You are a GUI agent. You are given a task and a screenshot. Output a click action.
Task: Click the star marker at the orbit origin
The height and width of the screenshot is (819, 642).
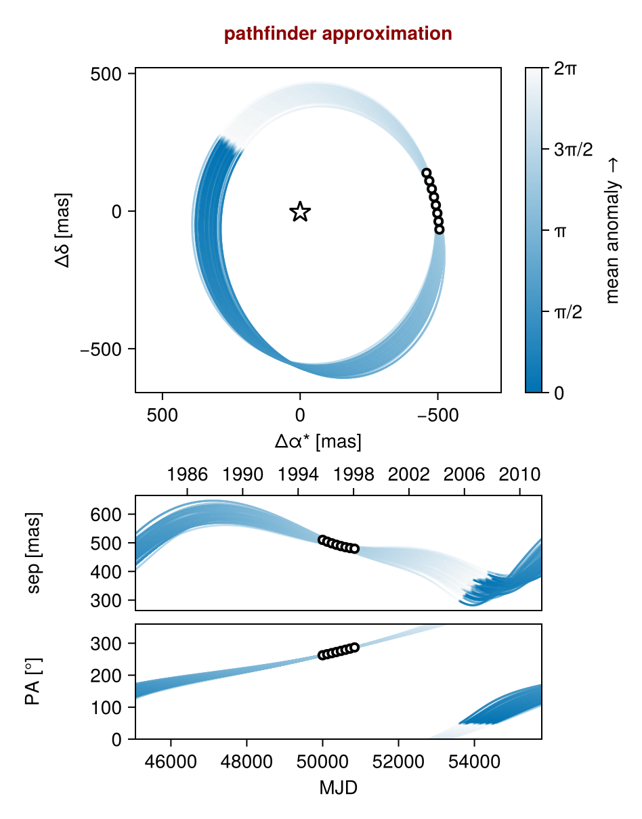click(300, 211)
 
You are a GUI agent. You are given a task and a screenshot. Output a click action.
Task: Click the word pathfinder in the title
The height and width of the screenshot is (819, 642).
click(270, 34)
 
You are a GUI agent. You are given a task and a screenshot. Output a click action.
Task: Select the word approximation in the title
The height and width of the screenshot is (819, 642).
click(387, 35)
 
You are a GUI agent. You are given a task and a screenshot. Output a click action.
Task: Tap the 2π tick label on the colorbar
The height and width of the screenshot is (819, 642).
click(565, 69)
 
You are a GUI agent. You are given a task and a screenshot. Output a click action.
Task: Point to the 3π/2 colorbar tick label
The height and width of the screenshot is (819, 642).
click(574, 150)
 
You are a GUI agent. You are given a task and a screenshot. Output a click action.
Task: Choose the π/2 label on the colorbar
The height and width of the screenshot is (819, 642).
click(568, 312)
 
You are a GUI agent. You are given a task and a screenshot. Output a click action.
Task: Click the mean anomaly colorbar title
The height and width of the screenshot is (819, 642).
click(613, 231)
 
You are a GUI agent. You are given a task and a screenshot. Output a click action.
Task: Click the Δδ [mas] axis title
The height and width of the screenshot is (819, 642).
click(63, 230)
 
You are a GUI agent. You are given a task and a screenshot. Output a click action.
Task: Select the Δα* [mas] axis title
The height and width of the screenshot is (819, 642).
click(318, 441)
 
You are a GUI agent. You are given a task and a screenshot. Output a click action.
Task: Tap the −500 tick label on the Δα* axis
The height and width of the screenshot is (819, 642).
click(437, 416)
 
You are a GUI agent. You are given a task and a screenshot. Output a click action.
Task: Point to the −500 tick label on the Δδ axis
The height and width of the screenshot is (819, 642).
click(101, 349)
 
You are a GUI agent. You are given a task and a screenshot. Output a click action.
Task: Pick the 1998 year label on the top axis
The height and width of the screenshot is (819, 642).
click(354, 474)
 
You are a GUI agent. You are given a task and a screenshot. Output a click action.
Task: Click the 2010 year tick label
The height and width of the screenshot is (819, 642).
click(519, 474)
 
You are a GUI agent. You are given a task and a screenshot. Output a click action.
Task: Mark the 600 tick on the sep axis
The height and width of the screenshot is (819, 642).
click(106, 514)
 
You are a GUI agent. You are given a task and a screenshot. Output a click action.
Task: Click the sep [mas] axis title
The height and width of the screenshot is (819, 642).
click(34, 553)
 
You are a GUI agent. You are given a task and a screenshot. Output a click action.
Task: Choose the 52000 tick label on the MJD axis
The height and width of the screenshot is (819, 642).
click(398, 761)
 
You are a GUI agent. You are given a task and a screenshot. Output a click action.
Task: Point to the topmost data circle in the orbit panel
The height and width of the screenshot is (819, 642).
click(427, 173)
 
